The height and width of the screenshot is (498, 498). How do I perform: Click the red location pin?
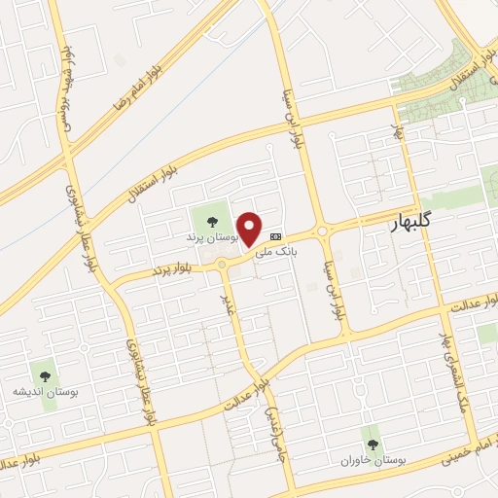250,228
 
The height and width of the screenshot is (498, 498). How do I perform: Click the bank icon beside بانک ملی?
276,235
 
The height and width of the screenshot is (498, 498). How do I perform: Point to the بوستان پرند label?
210,236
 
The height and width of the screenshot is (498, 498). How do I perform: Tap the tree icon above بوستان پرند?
211,219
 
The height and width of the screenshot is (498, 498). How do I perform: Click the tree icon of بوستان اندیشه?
44,372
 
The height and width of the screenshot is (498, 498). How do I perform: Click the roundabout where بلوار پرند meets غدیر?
223,265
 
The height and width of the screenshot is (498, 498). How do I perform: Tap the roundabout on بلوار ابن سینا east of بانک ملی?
322,230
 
